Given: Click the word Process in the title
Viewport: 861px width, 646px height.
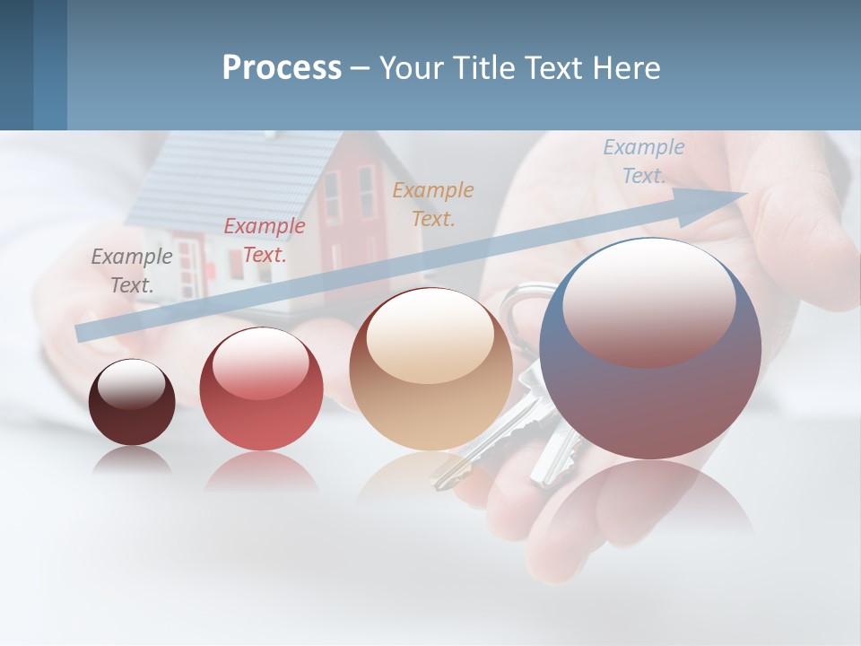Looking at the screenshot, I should (x=282, y=68).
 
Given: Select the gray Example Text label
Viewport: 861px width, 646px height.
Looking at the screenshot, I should (x=131, y=270).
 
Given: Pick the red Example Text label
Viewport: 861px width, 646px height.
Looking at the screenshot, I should (x=264, y=240).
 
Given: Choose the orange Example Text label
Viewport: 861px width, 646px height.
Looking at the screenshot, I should (x=432, y=204).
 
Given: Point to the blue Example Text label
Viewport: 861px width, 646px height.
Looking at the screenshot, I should (x=643, y=161).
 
